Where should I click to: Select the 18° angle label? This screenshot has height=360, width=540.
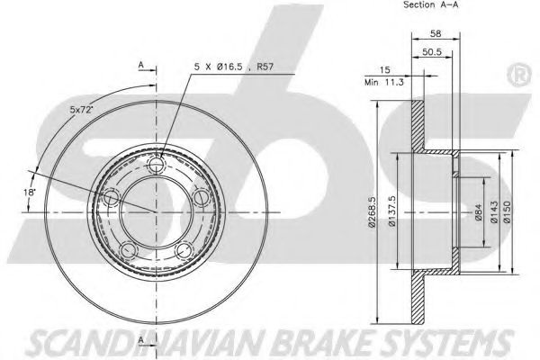(x=30, y=192)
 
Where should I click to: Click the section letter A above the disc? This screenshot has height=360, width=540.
(x=140, y=65)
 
